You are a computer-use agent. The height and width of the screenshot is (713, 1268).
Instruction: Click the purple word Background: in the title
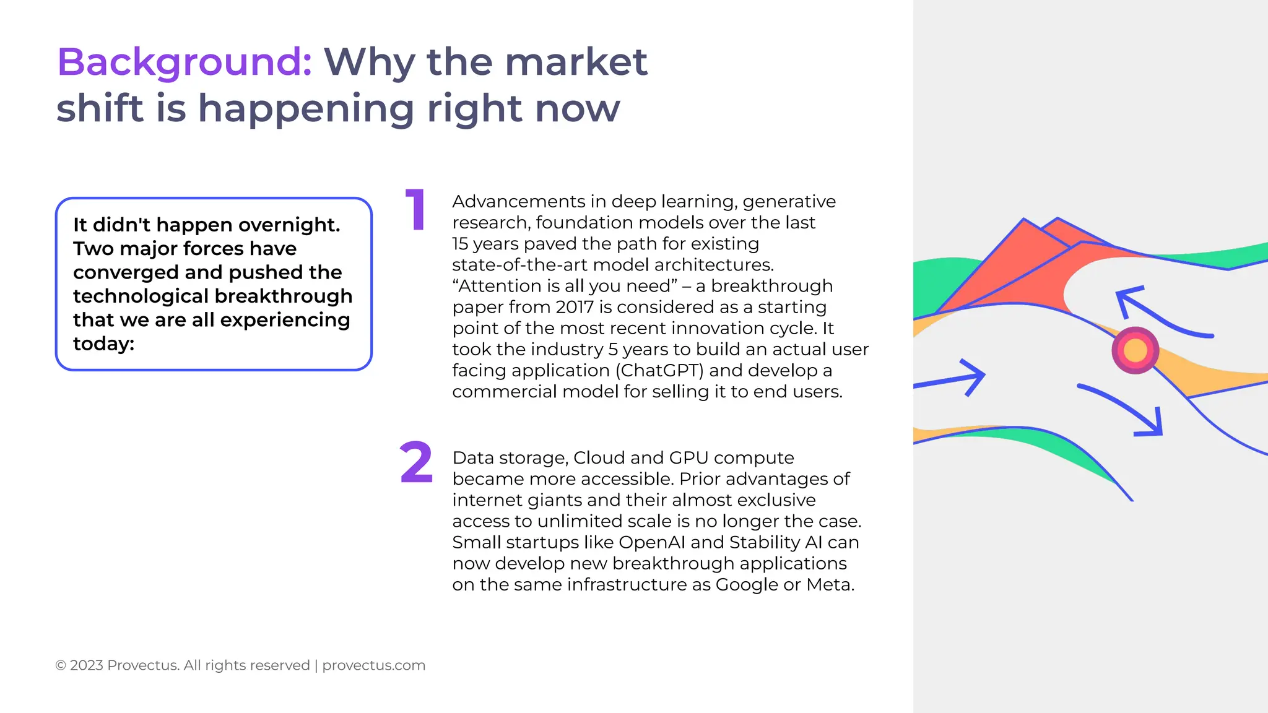pyautogui.click(x=185, y=63)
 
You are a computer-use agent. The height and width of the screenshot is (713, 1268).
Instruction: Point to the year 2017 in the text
pyautogui.click(x=575, y=307)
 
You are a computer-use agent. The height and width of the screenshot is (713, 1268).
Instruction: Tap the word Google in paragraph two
pyautogui.click(x=747, y=585)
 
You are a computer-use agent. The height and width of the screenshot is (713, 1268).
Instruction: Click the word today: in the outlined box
pyautogui.click(x=103, y=344)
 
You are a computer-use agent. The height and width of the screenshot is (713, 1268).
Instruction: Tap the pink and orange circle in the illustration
pyautogui.click(x=1135, y=350)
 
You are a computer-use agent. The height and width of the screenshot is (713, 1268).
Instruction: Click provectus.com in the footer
pyautogui.click(x=373, y=665)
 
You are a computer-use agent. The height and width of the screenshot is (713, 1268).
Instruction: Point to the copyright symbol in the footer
pyautogui.click(x=61, y=665)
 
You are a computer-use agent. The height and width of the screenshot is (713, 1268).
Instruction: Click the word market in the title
pyautogui.click(x=575, y=63)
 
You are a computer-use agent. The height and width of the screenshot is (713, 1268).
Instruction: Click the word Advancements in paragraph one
pyautogui.click(x=518, y=202)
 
